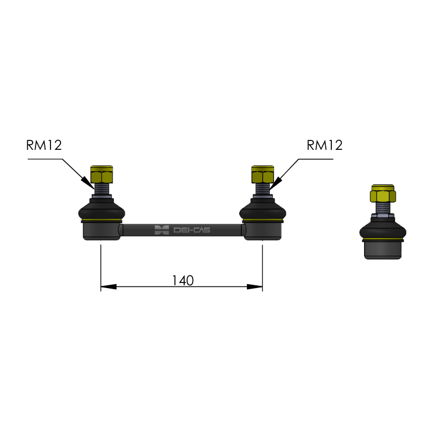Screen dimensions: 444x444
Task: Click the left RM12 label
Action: (x=44, y=145)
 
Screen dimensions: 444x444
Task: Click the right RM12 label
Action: (x=325, y=145)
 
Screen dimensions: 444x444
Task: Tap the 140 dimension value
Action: (x=183, y=281)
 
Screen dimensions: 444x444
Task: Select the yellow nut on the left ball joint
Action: (x=102, y=174)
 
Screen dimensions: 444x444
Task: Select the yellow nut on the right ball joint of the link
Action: (x=263, y=174)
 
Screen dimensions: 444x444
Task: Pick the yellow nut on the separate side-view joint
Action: (x=383, y=193)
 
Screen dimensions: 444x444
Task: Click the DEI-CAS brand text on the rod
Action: (x=191, y=230)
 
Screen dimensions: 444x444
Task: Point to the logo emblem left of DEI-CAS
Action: (x=162, y=230)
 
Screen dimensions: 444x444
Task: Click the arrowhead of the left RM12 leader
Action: (x=88, y=183)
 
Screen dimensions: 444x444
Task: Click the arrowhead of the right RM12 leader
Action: (x=275, y=183)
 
